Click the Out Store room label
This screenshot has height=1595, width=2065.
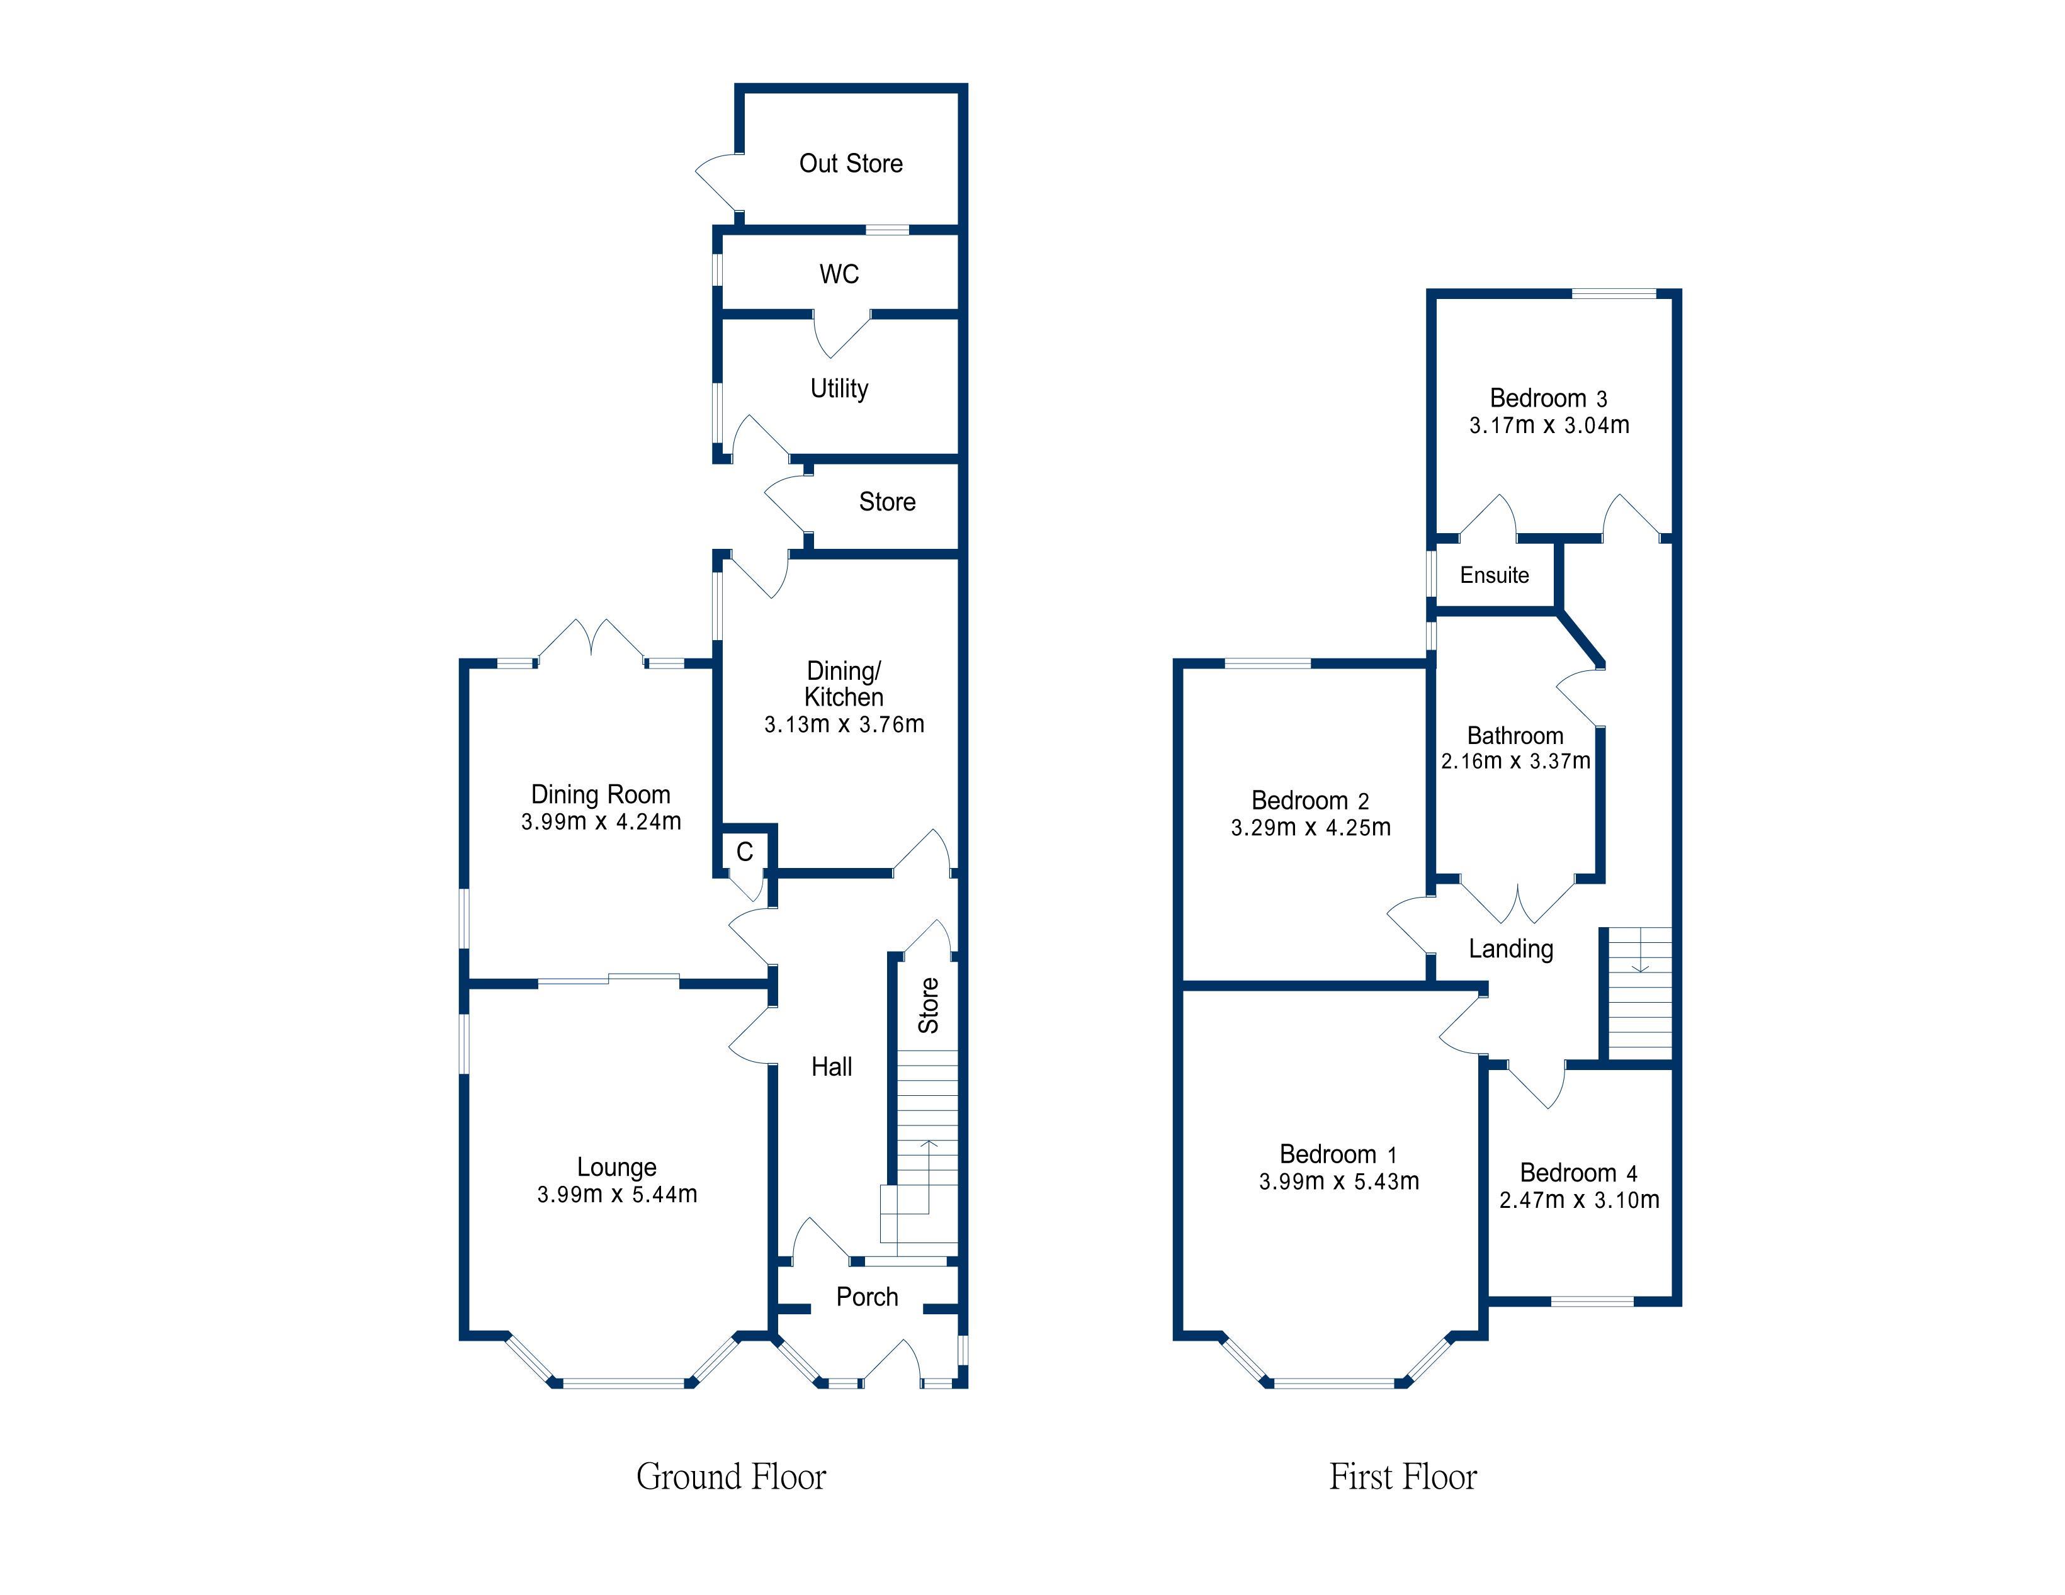[851, 164]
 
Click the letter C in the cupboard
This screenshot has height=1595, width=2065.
[745, 852]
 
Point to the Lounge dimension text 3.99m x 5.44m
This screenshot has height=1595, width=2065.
[618, 1194]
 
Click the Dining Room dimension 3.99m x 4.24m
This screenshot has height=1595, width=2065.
[601, 821]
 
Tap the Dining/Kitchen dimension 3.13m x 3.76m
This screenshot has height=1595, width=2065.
[844, 724]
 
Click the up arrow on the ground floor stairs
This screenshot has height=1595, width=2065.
[929, 1177]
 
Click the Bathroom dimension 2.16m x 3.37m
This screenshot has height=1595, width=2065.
[1515, 761]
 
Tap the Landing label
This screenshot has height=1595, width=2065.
[1511, 949]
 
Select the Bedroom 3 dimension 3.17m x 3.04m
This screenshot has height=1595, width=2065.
[1550, 426]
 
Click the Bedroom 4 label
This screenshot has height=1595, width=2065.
[1579, 1173]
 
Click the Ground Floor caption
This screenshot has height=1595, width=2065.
[731, 1477]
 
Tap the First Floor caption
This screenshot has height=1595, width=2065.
[1403, 1477]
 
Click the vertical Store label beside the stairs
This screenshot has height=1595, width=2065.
[929, 1005]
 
